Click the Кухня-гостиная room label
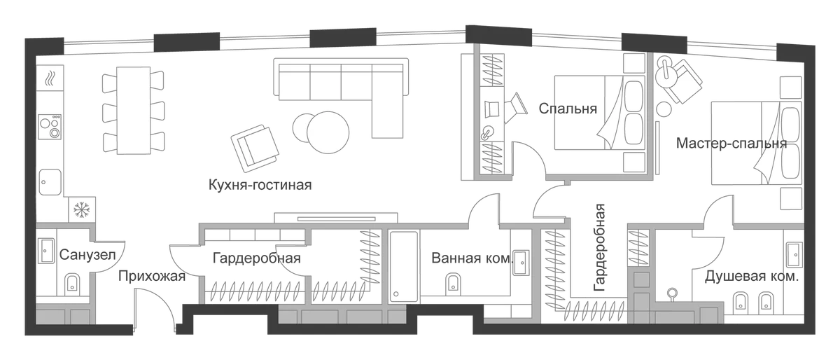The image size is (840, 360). [260, 185]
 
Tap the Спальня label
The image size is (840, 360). [568, 109]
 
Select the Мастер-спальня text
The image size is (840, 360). [731, 144]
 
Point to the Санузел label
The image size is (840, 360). [87, 255]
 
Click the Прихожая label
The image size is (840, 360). [152, 276]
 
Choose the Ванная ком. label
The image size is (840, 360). [472, 258]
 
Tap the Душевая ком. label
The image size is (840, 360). [752, 277]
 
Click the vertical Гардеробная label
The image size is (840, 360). [600, 248]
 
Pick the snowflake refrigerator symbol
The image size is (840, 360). [81, 209]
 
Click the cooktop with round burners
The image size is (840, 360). [50, 127]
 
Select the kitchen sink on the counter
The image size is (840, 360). [50, 182]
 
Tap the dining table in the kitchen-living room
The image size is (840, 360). [134, 111]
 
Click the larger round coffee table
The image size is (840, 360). [328, 132]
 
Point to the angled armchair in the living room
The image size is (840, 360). [255, 148]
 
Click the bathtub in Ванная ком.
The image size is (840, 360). [403, 267]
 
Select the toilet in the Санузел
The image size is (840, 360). [71, 284]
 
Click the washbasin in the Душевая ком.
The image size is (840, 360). [794, 254]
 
